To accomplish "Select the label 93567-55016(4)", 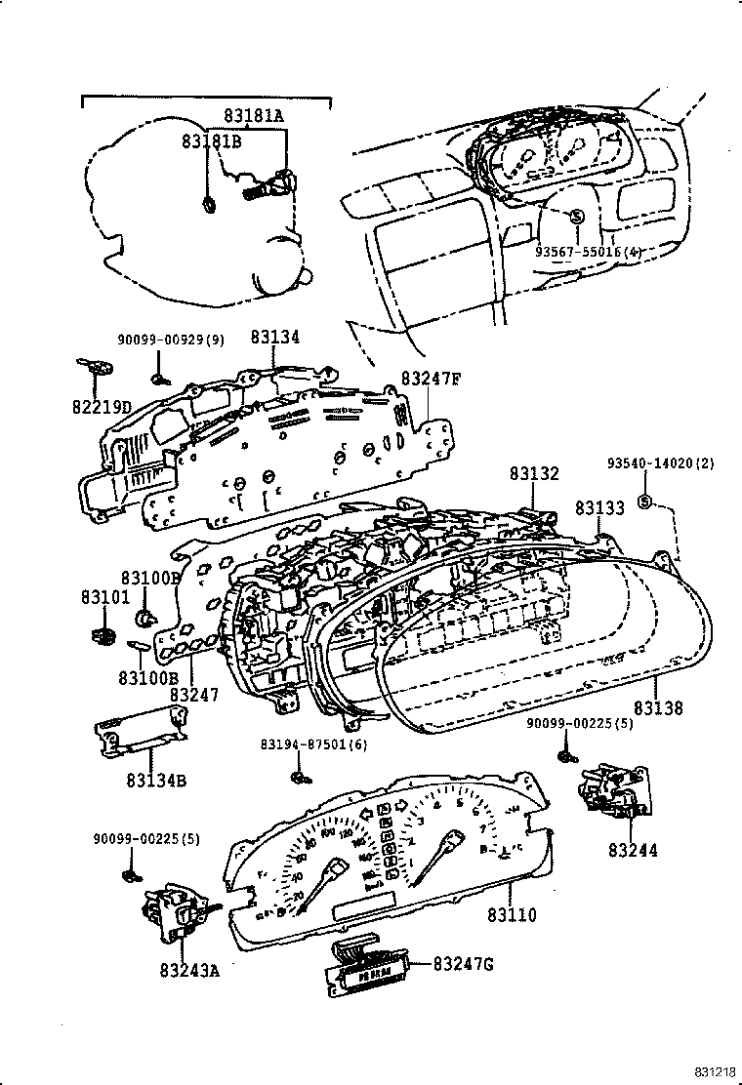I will [x=588, y=251].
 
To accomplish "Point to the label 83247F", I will [x=430, y=379].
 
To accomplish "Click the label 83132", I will [x=534, y=473].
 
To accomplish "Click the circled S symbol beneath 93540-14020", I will [x=644, y=502].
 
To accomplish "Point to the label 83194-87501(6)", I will [x=300, y=744].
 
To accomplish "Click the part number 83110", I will [x=512, y=915].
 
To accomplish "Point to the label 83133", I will [x=600, y=507].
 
